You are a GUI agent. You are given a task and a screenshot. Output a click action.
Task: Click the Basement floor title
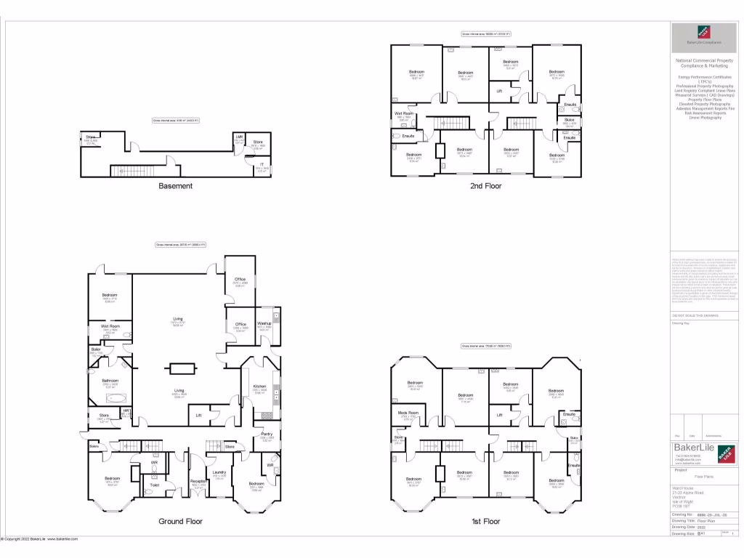176,186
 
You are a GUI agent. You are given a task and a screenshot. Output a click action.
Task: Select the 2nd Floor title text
486,186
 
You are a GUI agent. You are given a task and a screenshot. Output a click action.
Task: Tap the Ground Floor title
180,521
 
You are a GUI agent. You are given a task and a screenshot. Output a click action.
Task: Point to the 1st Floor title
486,521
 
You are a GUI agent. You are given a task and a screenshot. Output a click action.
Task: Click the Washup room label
264,323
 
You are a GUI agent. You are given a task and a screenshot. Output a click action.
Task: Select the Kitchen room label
260,386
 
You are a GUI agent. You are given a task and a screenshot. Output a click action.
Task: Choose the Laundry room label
219,472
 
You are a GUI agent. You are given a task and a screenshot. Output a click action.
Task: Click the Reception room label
198,480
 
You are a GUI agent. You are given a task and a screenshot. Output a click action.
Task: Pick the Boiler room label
96,349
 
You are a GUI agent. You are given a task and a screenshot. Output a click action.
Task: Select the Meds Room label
408,413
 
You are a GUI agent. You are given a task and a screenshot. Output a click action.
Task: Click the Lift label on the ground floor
199,415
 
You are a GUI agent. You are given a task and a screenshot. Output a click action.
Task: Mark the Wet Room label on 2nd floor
404,113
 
